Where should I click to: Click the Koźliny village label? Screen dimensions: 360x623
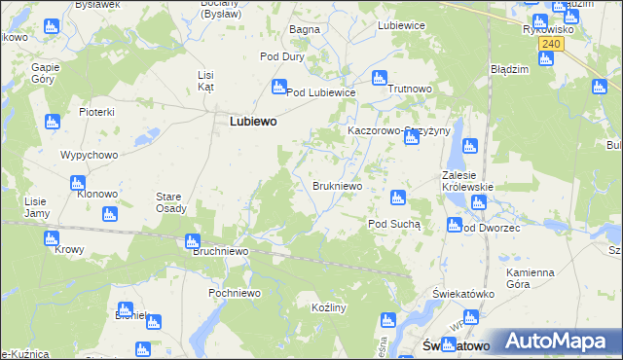coord(330,307)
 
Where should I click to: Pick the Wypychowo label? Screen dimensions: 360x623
coord(89,156)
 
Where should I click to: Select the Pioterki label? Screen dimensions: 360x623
coord(97,113)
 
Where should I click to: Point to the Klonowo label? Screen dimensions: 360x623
coord(97,195)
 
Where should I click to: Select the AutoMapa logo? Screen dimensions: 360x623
coord(557,342)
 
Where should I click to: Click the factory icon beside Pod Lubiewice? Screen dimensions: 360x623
coord(278,87)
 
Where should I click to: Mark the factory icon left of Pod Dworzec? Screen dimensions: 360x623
coord(454,226)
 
